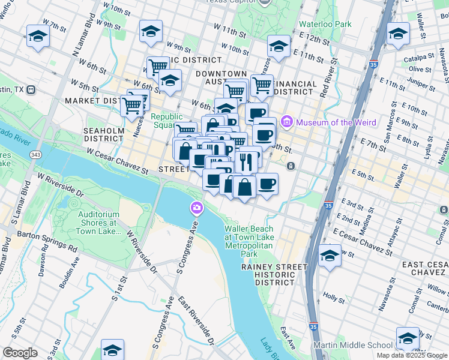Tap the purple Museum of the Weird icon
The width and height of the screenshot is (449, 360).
click(x=286, y=123)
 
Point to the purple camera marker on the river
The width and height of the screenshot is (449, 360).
click(x=196, y=209)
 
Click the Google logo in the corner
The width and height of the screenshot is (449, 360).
click(x=20, y=353)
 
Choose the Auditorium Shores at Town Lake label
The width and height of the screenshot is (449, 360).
click(x=100, y=223)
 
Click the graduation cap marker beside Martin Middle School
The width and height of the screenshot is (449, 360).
click(x=408, y=338)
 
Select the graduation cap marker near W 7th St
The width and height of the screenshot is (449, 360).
click(x=38, y=36)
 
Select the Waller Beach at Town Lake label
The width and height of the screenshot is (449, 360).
click(x=249, y=241)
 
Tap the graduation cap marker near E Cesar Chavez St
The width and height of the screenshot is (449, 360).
click(x=330, y=256)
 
